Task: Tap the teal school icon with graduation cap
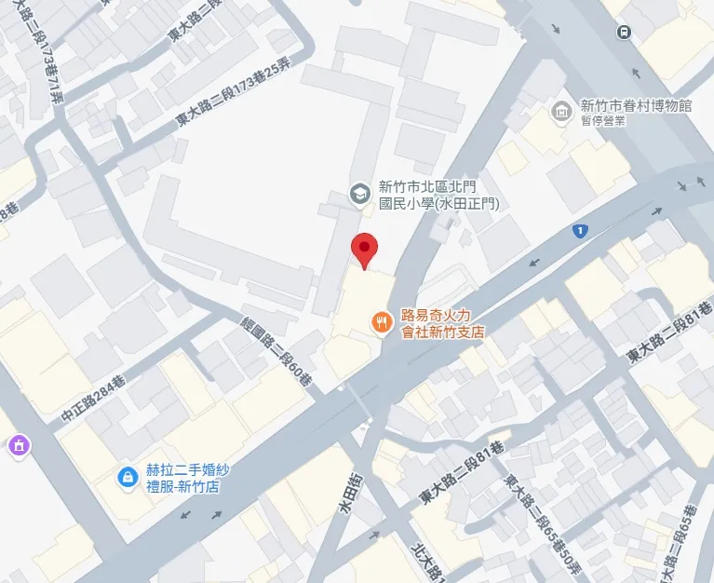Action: pyautogui.click(x=357, y=194)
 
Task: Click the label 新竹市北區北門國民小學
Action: pyautogui.click(x=438, y=195)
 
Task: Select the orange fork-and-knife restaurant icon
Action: pyautogui.click(x=380, y=322)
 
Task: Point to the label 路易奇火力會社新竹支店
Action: pyautogui.click(x=443, y=322)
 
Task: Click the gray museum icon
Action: pyautogui.click(x=561, y=114)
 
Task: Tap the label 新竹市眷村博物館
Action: pyautogui.click(x=636, y=106)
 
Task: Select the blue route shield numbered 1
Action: pyautogui.click(x=580, y=230)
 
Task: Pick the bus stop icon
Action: pyautogui.click(x=622, y=32)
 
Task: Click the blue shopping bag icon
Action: pyautogui.click(x=126, y=477)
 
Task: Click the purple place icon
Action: pyautogui.click(x=17, y=447)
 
